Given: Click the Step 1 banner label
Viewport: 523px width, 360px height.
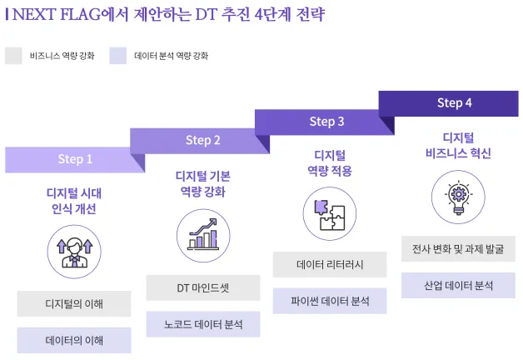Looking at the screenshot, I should [75, 158].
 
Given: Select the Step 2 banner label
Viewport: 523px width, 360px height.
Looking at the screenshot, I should [202, 140].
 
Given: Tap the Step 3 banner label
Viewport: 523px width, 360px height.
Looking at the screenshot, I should [326, 122].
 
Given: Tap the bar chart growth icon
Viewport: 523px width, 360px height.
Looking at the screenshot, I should [202, 234].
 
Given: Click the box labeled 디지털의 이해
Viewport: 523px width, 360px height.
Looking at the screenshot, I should [75, 303].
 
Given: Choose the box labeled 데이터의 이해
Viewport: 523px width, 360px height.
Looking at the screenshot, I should [75, 340].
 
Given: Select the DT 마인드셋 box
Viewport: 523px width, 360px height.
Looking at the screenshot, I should [202, 287].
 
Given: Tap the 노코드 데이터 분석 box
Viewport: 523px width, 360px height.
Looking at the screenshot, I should [202, 324].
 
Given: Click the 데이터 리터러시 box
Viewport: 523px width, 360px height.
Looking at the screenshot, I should [330, 264].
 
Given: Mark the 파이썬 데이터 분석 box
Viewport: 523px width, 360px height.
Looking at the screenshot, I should [330, 301].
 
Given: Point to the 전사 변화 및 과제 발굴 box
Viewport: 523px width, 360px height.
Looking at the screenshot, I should [457, 248].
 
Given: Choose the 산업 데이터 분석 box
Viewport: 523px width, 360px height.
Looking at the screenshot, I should [457, 285].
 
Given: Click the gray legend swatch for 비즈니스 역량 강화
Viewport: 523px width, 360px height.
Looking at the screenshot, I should [13, 56].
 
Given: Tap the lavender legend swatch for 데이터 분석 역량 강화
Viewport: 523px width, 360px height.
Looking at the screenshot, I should [118, 56].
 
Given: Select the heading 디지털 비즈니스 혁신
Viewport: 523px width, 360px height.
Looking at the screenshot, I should [457, 145].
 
